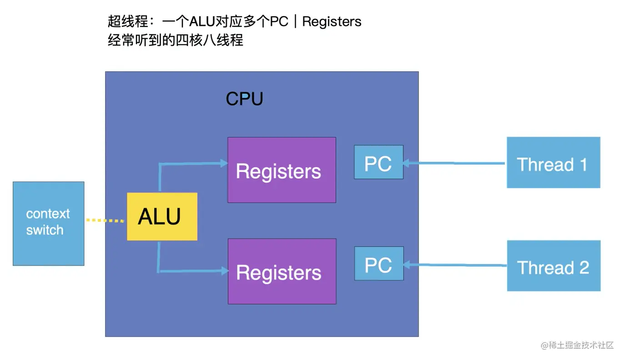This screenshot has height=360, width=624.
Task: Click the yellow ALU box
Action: click(162, 216)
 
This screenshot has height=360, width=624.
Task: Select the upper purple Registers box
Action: click(282, 170)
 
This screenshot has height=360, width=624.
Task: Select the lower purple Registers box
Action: click(282, 271)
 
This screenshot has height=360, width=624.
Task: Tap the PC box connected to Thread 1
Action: click(378, 162)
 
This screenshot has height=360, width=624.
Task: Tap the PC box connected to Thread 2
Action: click(379, 264)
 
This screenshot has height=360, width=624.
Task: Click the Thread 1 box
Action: click(553, 163)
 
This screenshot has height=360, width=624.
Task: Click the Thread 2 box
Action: click(554, 266)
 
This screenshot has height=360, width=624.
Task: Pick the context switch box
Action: click(48, 223)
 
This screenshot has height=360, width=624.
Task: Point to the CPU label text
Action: click(244, 99)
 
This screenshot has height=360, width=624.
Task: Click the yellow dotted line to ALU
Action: click(106, 220)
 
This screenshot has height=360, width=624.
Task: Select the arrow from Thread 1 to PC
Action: click(455, 163)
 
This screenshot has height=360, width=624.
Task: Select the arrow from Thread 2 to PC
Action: click(455, 265)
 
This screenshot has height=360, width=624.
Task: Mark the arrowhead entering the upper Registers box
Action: click(223, 163)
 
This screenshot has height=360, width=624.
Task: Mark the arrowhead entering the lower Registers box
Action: click(223, 271)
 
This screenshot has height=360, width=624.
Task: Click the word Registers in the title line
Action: click(332, 21)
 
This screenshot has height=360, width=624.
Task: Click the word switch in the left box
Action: click(45, 230)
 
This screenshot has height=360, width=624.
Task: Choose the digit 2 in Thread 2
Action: click(584, 267)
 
